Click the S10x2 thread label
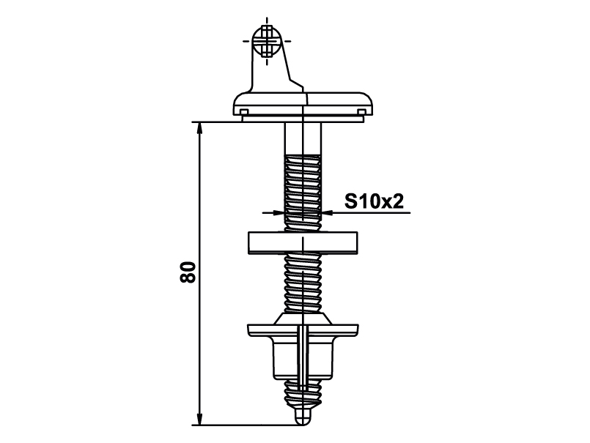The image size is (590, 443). pyautogui.click(x=374, y=202)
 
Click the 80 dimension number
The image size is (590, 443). pyautogui.click(x=188, y=272)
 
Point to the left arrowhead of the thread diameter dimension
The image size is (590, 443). pyautogui.click(x=277, y=213)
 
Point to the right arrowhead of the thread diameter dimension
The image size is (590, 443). pyautogui.click(x=328, y=213)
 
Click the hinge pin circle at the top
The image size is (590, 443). pyautogui.click(x=267, y=40)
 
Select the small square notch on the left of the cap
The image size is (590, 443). pyautogui.click(x=243, y=112)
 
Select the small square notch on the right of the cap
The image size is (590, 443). pyautogui.click(x=361, y=112)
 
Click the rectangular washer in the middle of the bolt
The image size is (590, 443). pyautogui.click(x=303, y=242)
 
